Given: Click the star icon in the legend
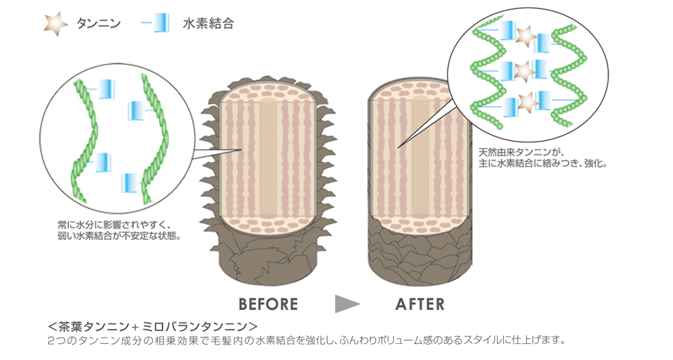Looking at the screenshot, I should (54, 24).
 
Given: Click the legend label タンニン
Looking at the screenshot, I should (98, 24).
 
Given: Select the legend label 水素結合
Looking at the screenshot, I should (208, 24).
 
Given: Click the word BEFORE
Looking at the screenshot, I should (268, 304).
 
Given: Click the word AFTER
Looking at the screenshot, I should (420, 304).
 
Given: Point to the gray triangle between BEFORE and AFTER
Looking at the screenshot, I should (347, 304).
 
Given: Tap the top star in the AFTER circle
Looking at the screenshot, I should (526, 36).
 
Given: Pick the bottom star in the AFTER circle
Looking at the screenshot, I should (527, 103).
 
